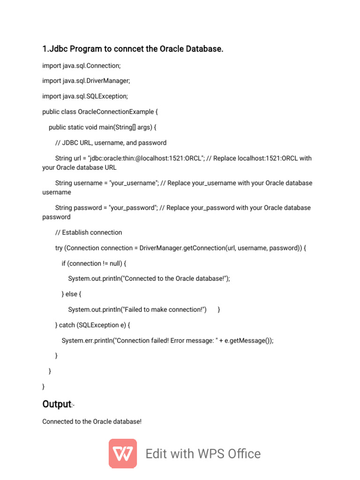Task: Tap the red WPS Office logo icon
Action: coord(123,453)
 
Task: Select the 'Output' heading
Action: coord(56,404)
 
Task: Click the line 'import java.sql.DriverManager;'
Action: coord(86,81)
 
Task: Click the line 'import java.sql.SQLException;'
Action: coord(85,96)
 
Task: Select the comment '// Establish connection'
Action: coord(89,232)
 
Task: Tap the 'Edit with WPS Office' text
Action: coord(203,454)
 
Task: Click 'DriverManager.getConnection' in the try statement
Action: coord(182,248)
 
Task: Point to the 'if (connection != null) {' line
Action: coord(94,263)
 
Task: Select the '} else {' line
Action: coord(72,294)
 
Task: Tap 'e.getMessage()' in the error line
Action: coord(247,341)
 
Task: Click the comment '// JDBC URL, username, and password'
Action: coord(111,142)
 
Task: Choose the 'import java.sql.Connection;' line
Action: coord(82,65)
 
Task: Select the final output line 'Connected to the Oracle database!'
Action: coord(92,421)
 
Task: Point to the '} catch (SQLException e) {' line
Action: coord(93,325)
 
